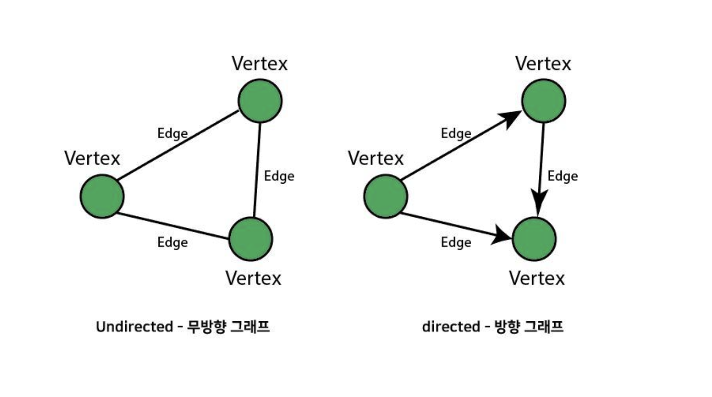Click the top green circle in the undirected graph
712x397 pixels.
pyautogui.click(x=260, y=101)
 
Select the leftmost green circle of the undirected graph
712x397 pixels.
pyautogui.click(x=102, y=197)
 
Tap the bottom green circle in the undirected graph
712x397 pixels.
pyautogui.click(x=251, y=239)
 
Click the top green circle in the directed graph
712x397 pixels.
pyautogui.click(x=544, y=101)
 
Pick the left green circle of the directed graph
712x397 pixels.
pyautogui.click(x=386, y=197)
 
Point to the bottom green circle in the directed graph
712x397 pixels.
pyautogui.click(x=534, y=239)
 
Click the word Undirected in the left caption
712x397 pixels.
pyautogui.click(x=134, y=327)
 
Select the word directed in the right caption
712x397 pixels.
pyautogui.click(x=451, y=327)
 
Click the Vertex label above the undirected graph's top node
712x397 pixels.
pyautogui.click(x=260, y=64)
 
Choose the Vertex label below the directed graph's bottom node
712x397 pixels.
pyautogui.click(x=537, y=279)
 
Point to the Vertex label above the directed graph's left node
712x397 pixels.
pyautogui.click(x=376, y=159)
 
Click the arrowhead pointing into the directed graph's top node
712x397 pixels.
pyautogui.click(x=510, y=118)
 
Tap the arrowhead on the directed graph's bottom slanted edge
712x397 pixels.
pyautogui.click(x=502, y=235)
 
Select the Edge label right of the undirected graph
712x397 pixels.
pyautogui.click(x=279, y=176)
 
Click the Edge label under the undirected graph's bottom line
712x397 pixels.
pyautogui.click(x=172, y=243)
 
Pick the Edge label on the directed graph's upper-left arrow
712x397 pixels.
pyautogui.click(x=456, y=134)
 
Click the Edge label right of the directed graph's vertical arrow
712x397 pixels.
pyautogui.click(x=562, y=176)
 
